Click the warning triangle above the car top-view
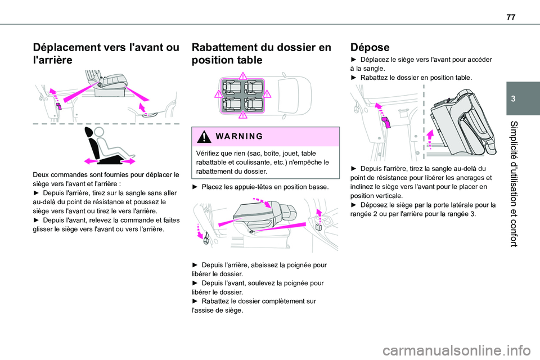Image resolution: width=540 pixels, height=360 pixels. pyautogui.click(x=242, y=78)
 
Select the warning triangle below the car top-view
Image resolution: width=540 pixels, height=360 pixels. pyautogui.click(x=242, y=115)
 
